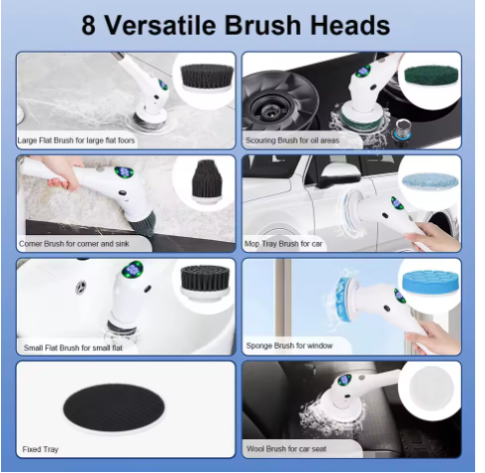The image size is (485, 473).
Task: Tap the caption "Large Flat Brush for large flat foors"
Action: pos(76,141)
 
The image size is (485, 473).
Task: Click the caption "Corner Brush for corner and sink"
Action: pos(71,243)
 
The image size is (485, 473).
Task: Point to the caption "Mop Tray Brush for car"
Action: pos(287,243)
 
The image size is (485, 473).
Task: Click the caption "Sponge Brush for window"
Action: pos(289,347)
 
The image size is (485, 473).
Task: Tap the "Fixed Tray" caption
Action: pos(41,449)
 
